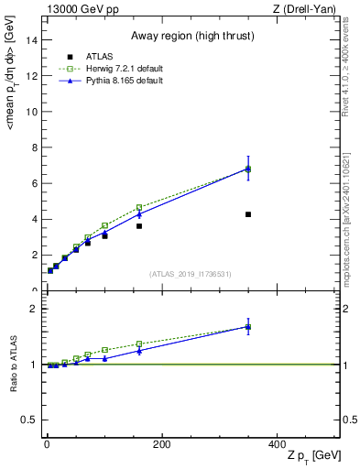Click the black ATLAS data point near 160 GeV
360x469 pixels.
139,225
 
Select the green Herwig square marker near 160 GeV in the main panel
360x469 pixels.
139,207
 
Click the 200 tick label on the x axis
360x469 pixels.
162,445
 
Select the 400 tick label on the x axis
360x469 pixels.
277,445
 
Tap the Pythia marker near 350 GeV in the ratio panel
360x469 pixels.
248,326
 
